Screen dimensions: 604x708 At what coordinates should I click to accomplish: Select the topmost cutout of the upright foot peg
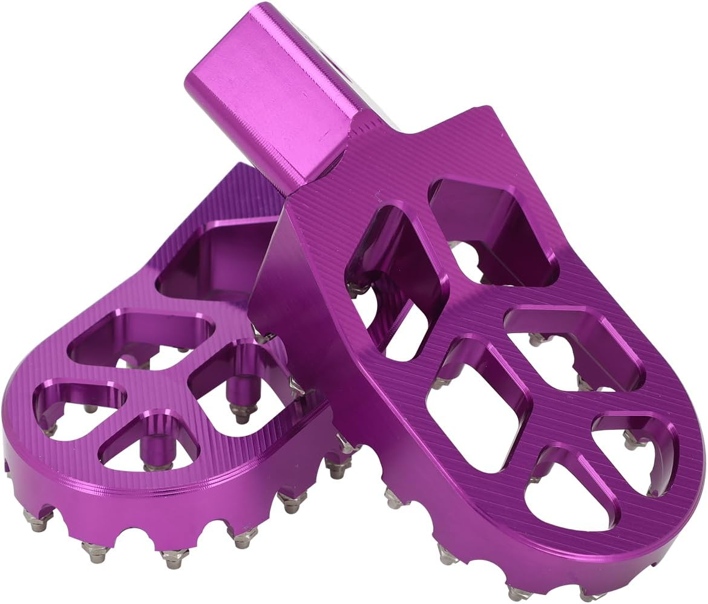tap(490, 230)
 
